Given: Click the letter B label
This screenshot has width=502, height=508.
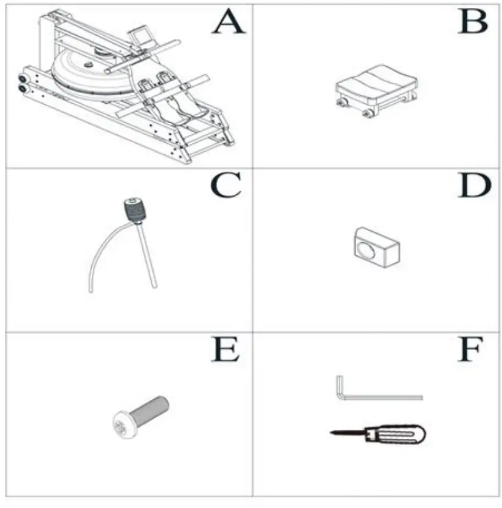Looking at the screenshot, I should pos(473,24).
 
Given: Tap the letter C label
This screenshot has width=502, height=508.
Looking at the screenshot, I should pos(225,187).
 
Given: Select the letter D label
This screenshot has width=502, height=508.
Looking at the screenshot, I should pos(473,186).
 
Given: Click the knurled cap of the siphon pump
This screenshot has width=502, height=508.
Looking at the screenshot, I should pos(134,210).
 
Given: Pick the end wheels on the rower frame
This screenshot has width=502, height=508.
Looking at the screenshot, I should pos(23,83).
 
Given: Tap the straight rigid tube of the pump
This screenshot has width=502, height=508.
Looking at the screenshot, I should pos(149,255).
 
